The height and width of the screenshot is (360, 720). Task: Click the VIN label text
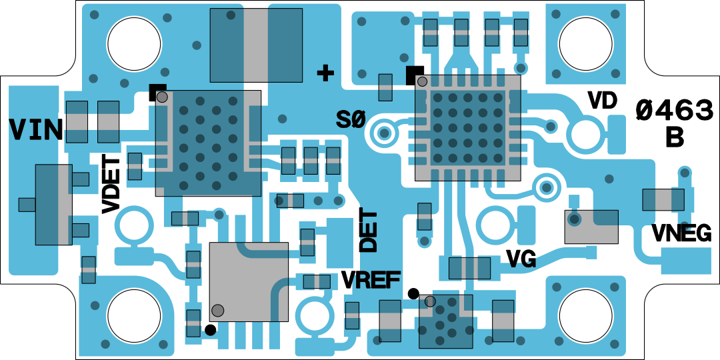(36, 129)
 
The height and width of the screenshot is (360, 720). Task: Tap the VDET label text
(111, 184)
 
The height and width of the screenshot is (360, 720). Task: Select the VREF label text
(371, 280)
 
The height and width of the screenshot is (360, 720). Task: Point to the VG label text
(521, 259)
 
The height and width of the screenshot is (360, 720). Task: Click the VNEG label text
(681, 233)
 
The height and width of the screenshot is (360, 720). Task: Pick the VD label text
(602, 101)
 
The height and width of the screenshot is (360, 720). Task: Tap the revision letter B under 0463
(675, 137)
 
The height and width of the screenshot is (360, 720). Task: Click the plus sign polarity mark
(325, 73)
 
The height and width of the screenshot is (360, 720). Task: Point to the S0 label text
(351, 120)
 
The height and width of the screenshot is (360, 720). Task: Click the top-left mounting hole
(134, 45)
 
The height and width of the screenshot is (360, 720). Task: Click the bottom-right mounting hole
(585, 316)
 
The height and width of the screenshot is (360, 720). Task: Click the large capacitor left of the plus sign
(256, 44)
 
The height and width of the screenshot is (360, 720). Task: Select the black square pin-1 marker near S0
(414, 74)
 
